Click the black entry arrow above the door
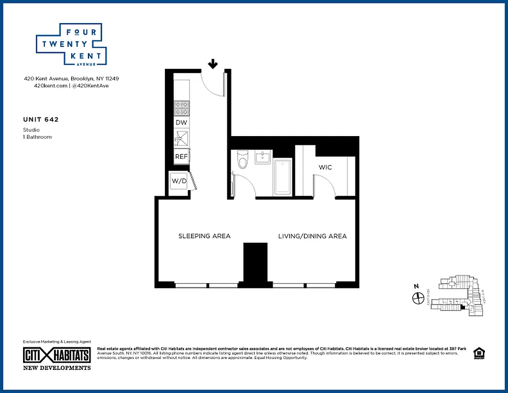213,64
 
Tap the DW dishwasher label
182,122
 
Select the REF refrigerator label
182,157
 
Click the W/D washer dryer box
179,181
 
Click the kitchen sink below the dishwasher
181,139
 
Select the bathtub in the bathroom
282,176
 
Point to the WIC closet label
325,168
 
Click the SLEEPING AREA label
204,236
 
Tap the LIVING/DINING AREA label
312,236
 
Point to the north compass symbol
418,298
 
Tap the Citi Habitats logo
57,355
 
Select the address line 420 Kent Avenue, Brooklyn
72,79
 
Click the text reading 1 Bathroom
37,137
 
